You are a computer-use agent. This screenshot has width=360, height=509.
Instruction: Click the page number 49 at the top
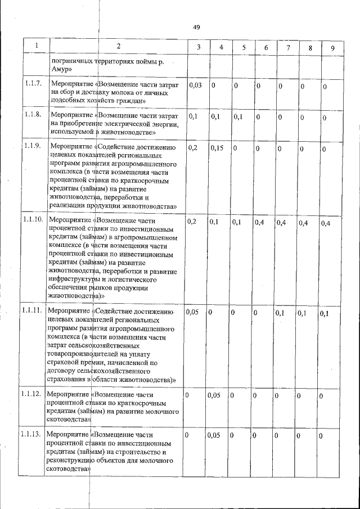point(196,27)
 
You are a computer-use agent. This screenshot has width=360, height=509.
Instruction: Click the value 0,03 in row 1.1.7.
point(195,85)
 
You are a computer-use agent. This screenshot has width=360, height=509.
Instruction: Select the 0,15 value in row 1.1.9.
point(217,147)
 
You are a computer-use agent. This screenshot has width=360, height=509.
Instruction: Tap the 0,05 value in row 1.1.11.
point(194,312)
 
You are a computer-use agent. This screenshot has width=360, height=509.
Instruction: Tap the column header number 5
point(244,47)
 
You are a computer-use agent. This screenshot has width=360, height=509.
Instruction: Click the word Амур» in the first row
point(60,69)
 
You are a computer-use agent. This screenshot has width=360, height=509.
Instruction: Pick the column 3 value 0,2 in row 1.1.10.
point(192,222)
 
